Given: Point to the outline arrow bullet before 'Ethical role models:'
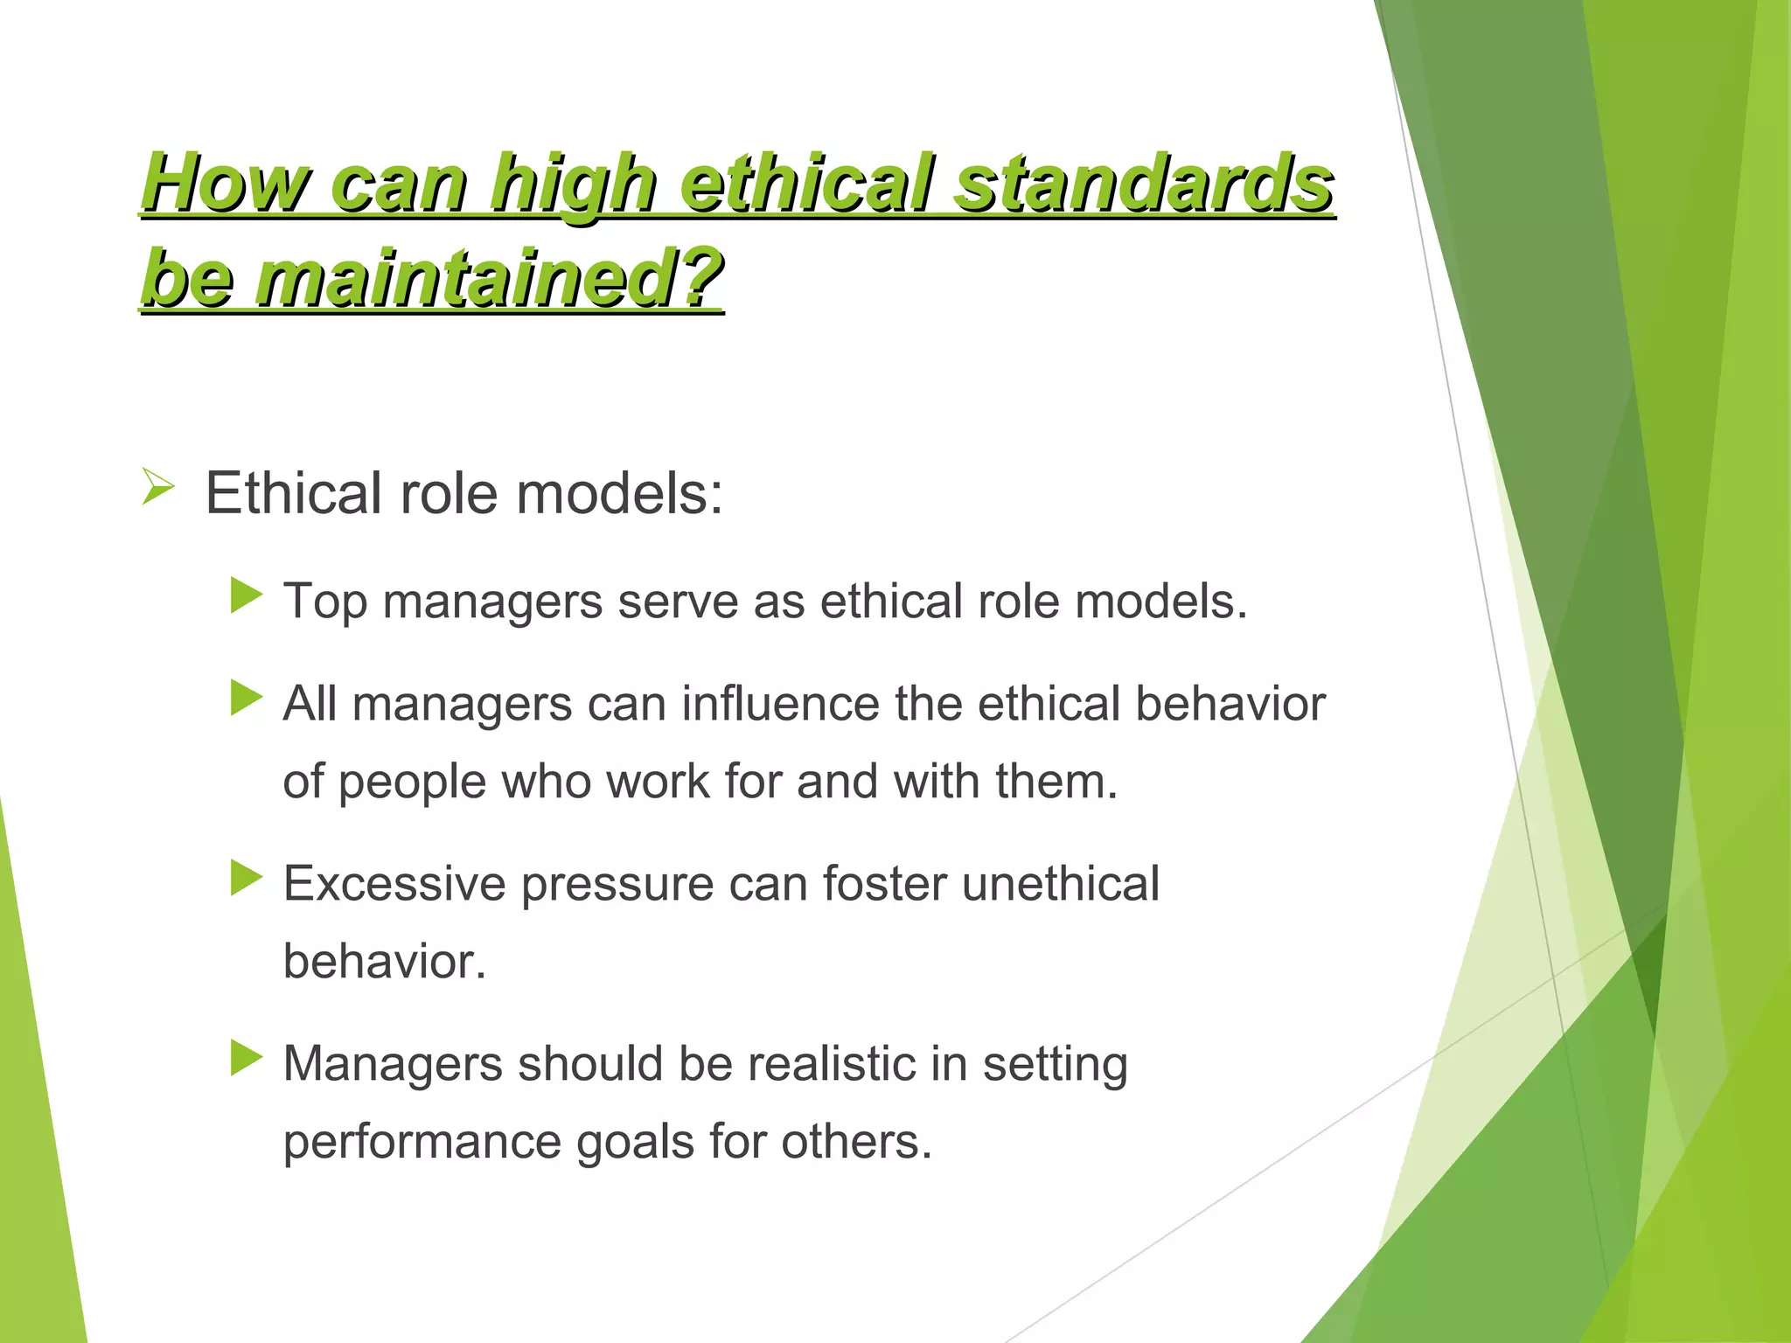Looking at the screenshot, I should pyautogui.click(x=158, y=486).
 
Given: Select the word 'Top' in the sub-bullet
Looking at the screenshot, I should pyautogui.click(x=324, y=602).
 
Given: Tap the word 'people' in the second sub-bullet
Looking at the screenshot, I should pyautogui.click(x=412, y=783).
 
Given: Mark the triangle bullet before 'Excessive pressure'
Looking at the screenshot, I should pyautogui.click(x=247, y=878).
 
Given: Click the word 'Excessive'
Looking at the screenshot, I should pyautogui.click(x=394, y=884).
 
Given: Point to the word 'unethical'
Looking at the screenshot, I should pyautogui.click(x=1060, y=884).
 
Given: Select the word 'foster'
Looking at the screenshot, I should pyautogui.click(x=884, y=884).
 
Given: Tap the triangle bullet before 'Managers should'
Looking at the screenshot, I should pyautogui.click(x=247, y=1058).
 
